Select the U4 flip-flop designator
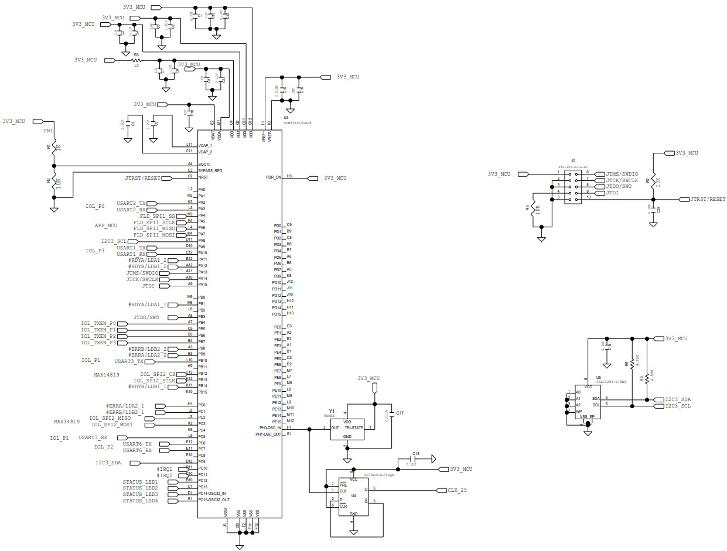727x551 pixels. coord(353,495)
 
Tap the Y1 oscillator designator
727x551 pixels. coord(332,411)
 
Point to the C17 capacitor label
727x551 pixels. coord(400,413)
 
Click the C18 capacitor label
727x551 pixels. coord(415,453)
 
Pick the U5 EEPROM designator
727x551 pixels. coord(598,378)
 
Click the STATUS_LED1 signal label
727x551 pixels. coord(140,482)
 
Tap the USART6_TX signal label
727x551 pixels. coord(137,444)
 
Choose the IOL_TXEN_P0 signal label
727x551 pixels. coord(98,323)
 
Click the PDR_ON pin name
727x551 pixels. coord(274,176)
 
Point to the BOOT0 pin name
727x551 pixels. coord(204,165)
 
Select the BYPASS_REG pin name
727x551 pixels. coord(210,171)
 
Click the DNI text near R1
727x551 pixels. coord(48,131)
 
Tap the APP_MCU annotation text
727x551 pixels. coord(106,225)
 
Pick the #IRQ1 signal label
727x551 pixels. coord(165,469)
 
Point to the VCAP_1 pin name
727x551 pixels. coord(205,145)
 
